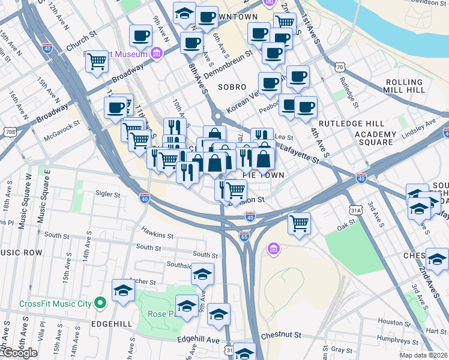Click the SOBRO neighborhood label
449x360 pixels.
pyautogui.click(x=232, y=87)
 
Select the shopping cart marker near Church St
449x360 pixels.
pyautogui.click(x=97, y=61)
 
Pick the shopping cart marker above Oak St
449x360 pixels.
pyautogui.click(x=298, y=223)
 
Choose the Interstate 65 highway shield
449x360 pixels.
pyautogui.click(x=244, y=237)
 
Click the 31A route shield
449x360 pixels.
pyautogui.click(x=356, y=210)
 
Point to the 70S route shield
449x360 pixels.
pyautogui.click(x=9, y=131)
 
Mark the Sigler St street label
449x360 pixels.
pyautogui.click(x=108, y=193)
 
